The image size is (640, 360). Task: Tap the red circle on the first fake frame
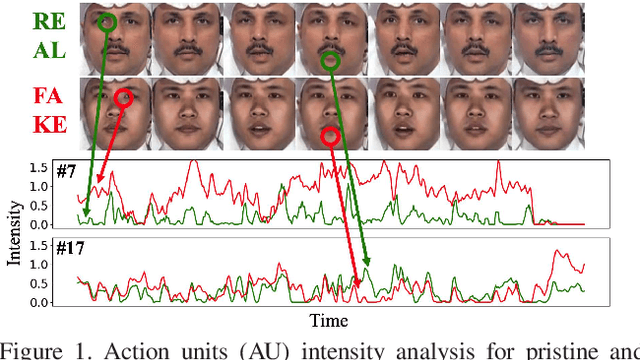pos(123,98)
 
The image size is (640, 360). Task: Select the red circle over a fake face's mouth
pos(332,134)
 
